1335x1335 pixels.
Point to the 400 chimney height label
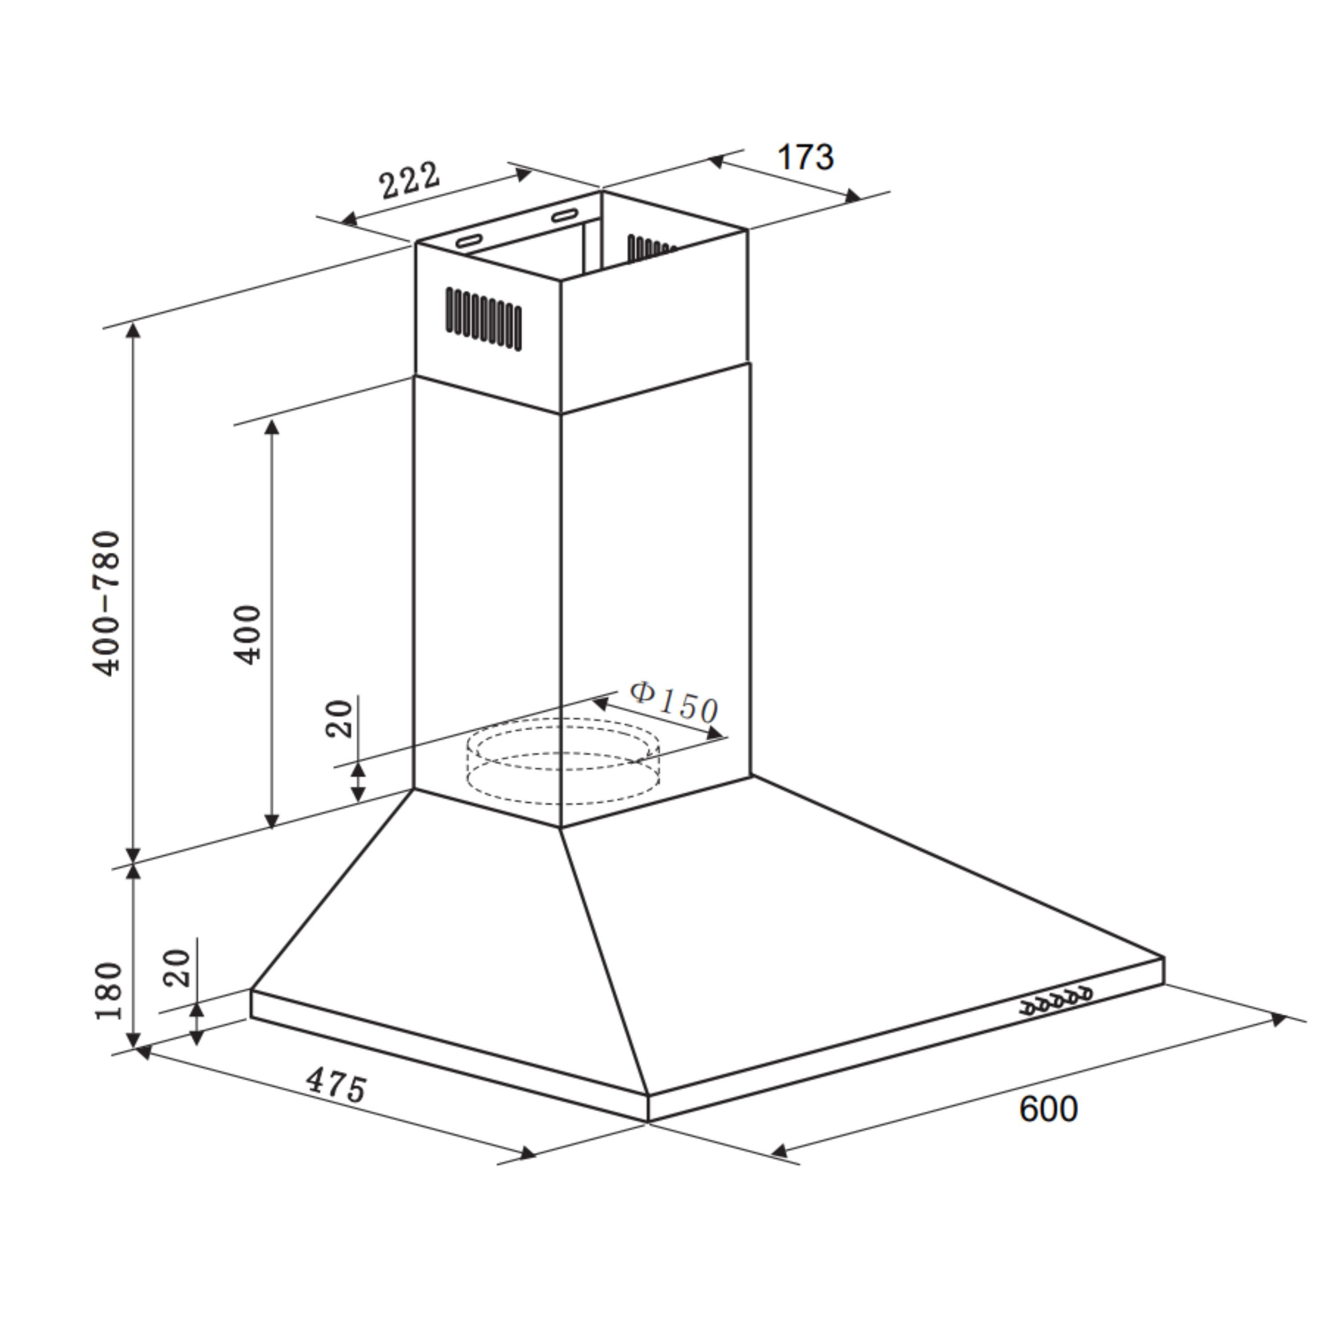tap(247, 634)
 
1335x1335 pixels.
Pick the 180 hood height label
tap(109, 990)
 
